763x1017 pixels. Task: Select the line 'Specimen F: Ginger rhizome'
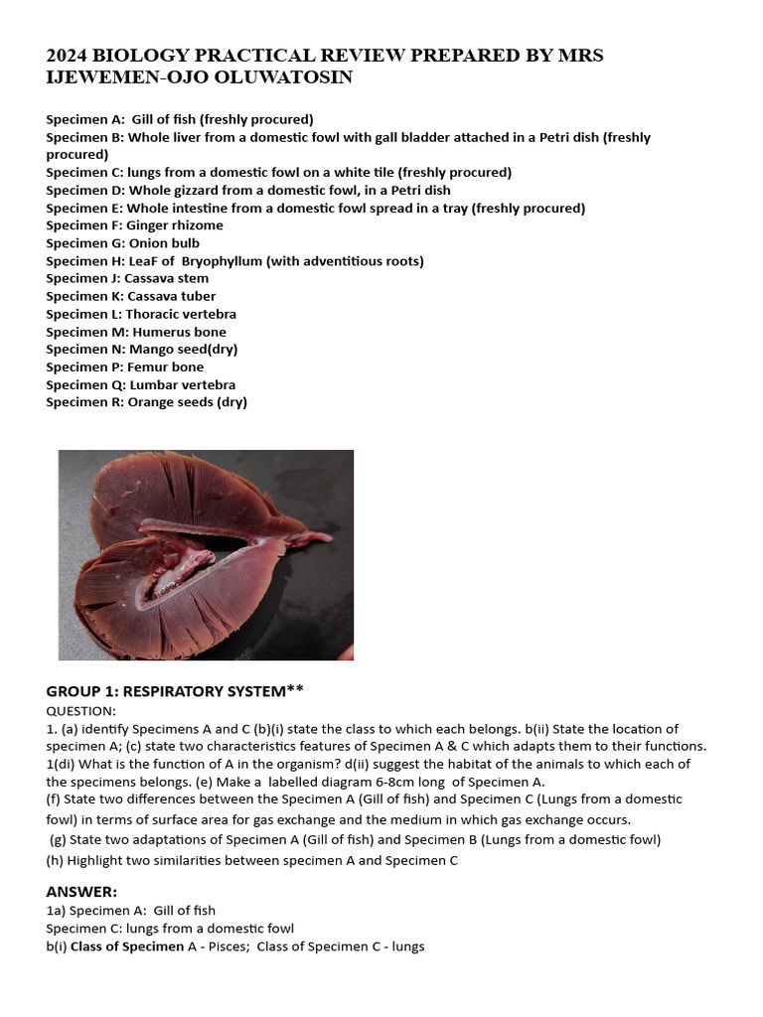click(x=134, y=225)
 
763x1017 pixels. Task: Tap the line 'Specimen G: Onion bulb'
click(x=122, y=243)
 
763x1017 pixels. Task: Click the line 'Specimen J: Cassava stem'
click(x=127, y=278)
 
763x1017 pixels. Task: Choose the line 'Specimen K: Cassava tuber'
click(x=130, y=296)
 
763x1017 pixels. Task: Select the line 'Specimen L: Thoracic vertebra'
click(x=141, y=314)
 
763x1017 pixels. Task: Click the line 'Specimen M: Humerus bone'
click(x=136, y=332)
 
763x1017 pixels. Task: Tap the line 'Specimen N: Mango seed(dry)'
click(x=142, y=350)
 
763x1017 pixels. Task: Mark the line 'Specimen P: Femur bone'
click(x=124, y=367)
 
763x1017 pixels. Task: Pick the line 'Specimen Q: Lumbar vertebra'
click(x=140, y=385)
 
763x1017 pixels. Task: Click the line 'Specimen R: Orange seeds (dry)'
click(x=146, y=402)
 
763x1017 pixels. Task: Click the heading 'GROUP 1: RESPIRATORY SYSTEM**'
click(x=174, y=691)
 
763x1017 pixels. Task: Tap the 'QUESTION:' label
click(x=81, y=711)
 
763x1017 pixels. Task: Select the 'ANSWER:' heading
click(x=81, y=891)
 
